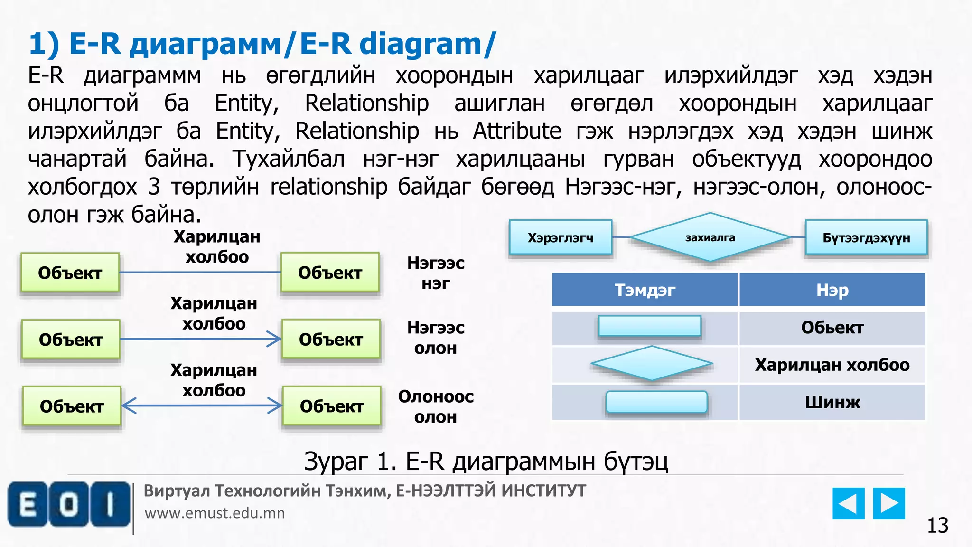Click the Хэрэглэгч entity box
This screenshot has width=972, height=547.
pos(561,237)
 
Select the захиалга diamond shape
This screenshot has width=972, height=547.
pos(710,237)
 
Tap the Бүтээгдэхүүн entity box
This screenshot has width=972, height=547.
pos(866,237)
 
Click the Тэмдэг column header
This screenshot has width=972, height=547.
pos(645,290)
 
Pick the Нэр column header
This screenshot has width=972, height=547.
pos(832,290)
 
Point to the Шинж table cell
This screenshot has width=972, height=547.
pos(832,402)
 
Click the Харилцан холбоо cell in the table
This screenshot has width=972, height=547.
pos(832,365)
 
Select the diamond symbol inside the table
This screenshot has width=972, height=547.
pos(652,363)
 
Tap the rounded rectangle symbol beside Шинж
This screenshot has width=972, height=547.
pos(657,402)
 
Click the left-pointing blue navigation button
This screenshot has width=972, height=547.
pos(848,503)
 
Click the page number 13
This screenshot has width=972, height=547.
pos(937,526)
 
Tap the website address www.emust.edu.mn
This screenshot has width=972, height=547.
pos(215,513)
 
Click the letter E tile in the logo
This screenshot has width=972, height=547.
pos(28,504)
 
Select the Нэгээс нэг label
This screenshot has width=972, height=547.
pos(436,273)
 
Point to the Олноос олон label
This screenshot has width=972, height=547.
pos(436,406)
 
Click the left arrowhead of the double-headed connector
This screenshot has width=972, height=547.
pos(129,406)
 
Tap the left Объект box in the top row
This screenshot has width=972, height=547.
pos(70,273)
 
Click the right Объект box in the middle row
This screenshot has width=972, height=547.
pos(331,340)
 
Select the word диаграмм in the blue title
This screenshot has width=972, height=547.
pos(205,44)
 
